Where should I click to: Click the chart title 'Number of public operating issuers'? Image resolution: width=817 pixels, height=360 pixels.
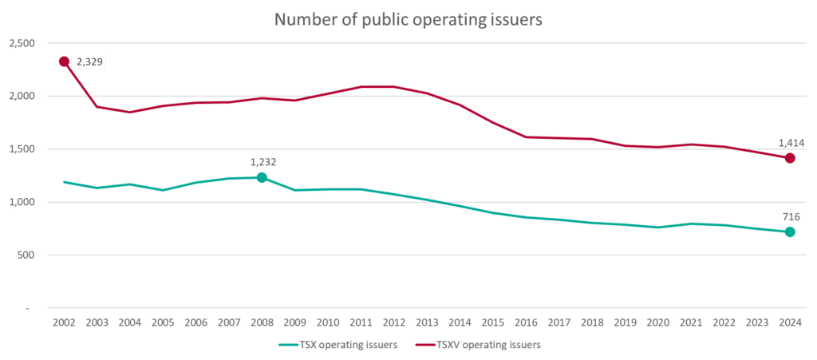click(x=408, y=19)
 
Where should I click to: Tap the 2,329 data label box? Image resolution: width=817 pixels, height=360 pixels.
click(x=90, y=61)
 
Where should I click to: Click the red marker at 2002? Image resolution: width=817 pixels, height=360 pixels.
click(x=64, y=61)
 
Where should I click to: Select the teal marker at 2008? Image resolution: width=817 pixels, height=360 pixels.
click(x=261, y=177)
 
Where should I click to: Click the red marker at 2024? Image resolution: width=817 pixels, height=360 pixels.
click(x=789, y=158)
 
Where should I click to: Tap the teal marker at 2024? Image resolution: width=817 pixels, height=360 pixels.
click(x=789, y=231)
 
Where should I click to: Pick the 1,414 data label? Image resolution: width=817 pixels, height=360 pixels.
click(x=788, y=143)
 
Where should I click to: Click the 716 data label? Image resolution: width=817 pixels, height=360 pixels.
click(x=788, y=216)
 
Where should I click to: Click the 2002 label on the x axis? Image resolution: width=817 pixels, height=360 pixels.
click(x=64, y=322)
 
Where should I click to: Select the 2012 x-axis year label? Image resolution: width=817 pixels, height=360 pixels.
click(x=393, y=322)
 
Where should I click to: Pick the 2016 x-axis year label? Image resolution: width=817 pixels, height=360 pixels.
click(x=526, y=322)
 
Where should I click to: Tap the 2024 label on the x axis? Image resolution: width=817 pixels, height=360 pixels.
click(x=789, y=322)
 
